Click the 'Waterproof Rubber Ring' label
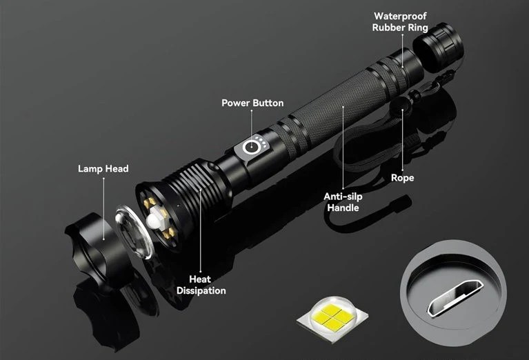[400, 21]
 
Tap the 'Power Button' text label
[252, 103]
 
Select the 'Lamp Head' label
[103, 168]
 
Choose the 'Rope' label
[402, 178]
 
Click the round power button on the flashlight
[252, 148]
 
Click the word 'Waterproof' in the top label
[400, 16]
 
